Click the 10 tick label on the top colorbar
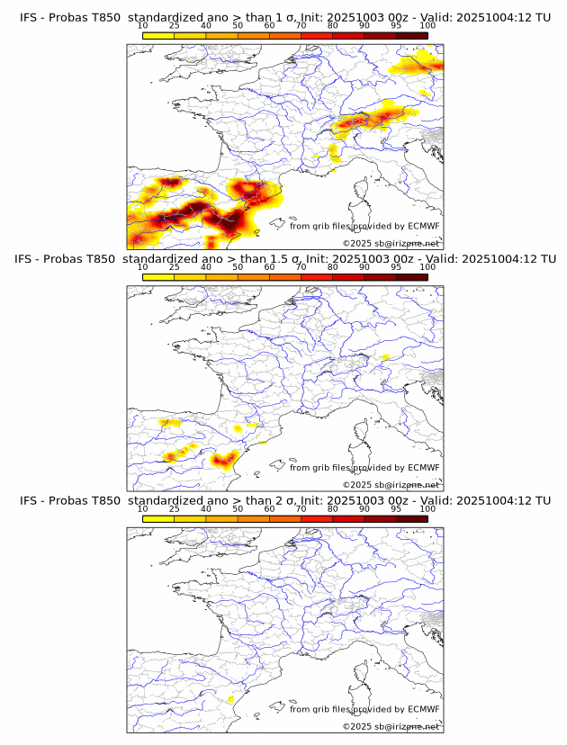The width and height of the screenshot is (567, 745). click(x=143, y=25)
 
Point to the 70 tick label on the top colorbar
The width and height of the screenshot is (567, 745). click(x=301, y=25)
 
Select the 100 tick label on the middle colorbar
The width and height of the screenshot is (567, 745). click(x=427, y=267)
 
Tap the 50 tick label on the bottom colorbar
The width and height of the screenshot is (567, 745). click(x=238, y=509)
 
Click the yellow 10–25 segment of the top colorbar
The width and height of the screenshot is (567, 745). click(x=158, y=35)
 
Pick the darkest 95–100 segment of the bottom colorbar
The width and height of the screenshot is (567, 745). click(x=411, y=519)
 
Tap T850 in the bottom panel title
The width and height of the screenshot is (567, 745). click(x=104, y=500)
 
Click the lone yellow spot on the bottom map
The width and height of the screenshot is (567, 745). click(x=230, y=698)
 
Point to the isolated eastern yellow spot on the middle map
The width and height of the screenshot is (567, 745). click(x=385, y=357)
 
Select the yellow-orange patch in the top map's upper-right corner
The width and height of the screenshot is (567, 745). click(x=417, y=64)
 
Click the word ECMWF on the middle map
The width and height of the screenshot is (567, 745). click(x=423, y=468)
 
